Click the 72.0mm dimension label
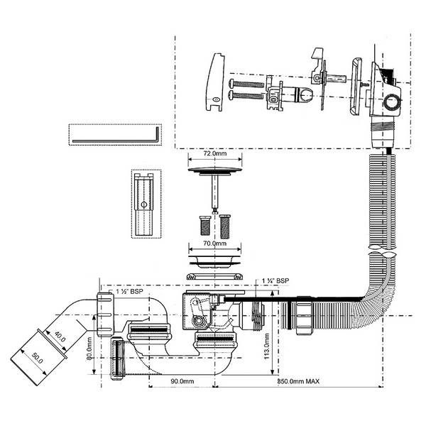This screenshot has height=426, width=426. (x=213, y=153)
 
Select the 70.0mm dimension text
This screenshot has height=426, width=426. (x=213, y=243)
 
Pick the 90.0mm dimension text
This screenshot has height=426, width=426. (x=182, y=381)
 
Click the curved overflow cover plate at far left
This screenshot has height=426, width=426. (x=217, y=82)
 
